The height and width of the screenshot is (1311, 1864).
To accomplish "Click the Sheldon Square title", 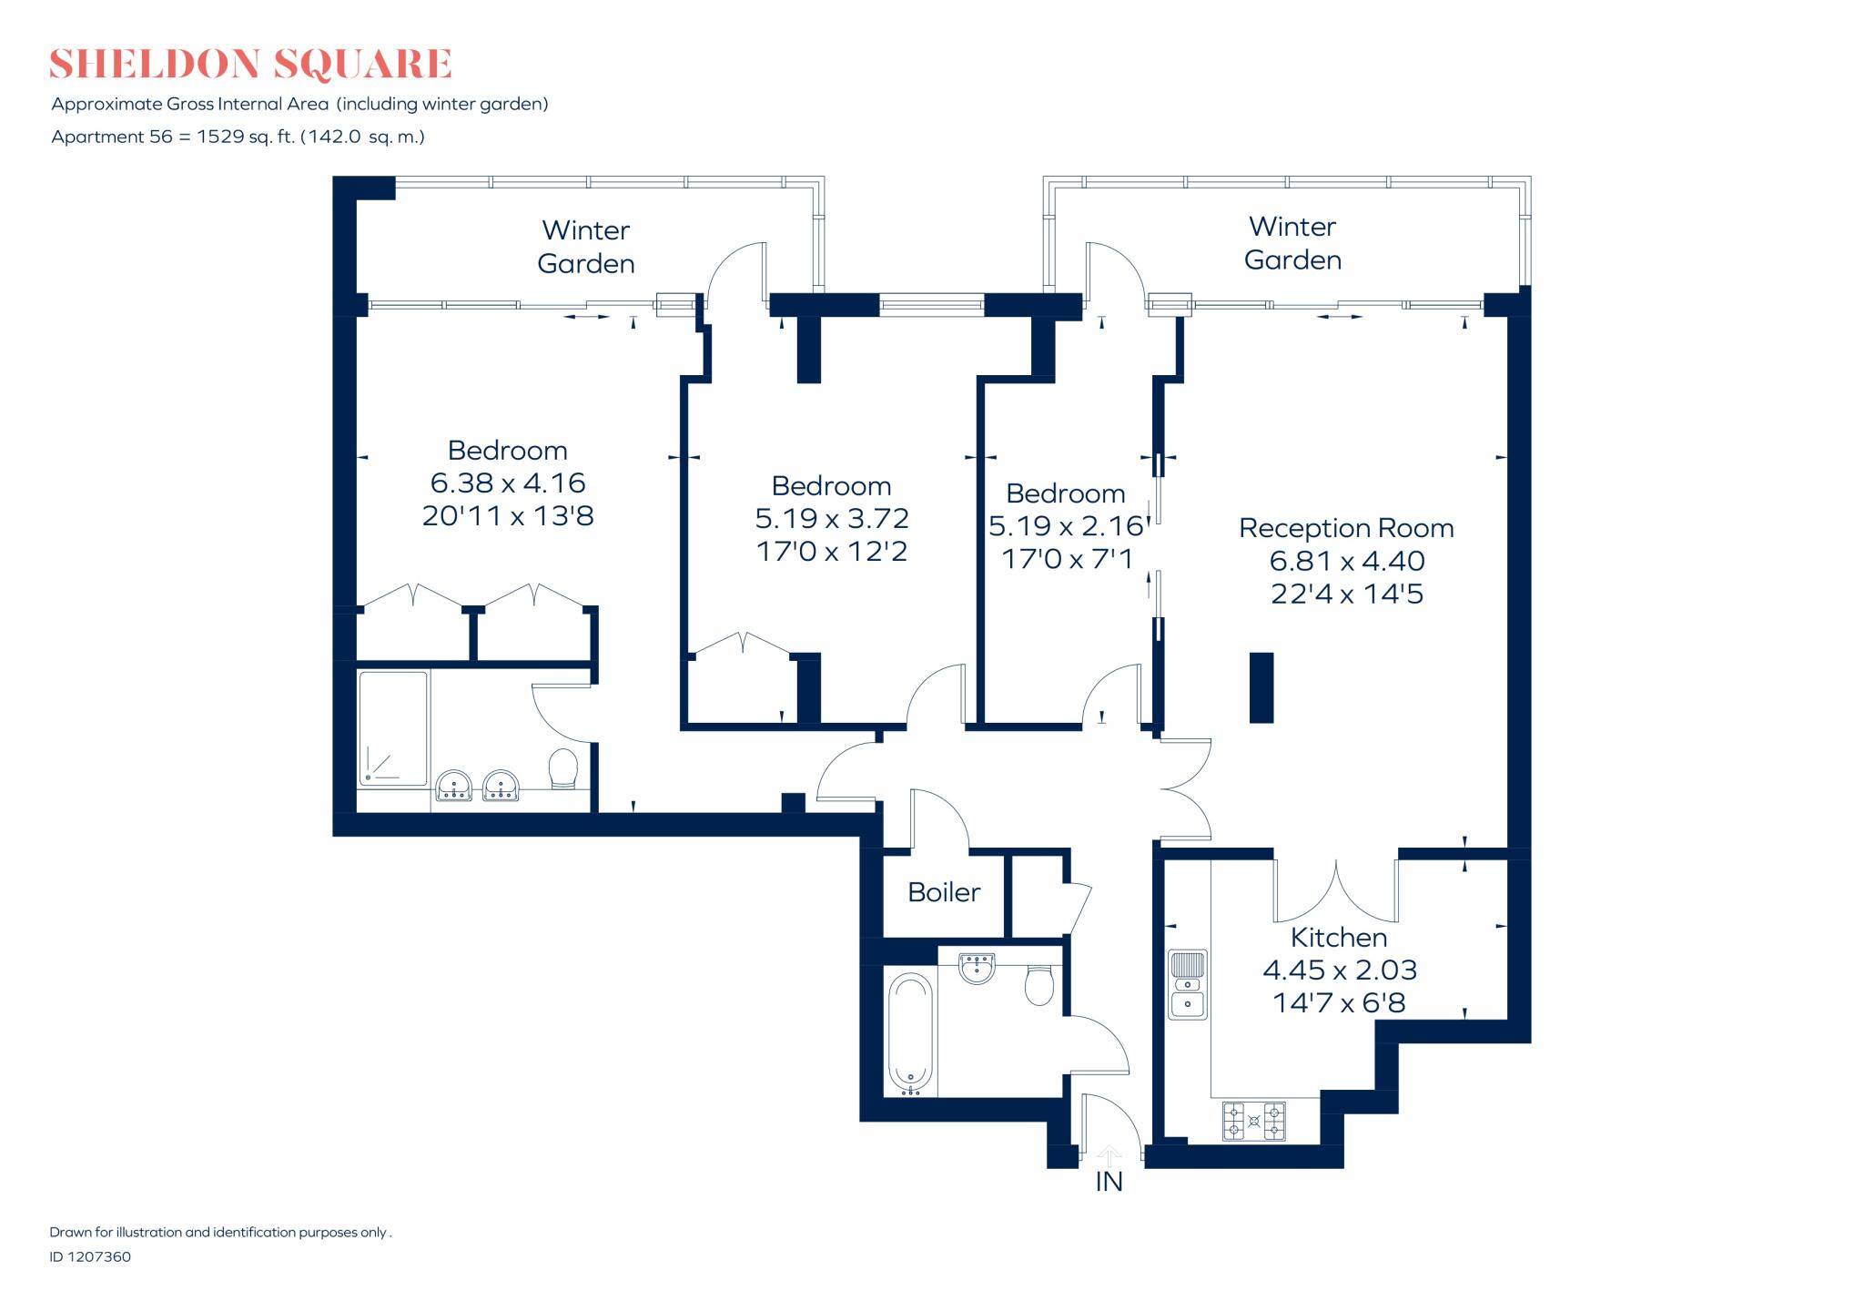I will point(250,64).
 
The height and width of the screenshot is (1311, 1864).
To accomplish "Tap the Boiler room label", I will point(944,892).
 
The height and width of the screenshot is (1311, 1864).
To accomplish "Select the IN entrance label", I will point(1109,1182).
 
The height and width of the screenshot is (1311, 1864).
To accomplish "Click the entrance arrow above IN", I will point(1109,1155).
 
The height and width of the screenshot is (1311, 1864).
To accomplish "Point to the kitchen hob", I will point(1253,1121).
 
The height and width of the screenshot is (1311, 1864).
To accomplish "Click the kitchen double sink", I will point(1187,984).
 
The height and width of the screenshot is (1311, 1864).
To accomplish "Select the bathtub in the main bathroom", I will point(910,1034).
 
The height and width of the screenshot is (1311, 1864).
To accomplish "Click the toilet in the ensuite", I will point(563,769).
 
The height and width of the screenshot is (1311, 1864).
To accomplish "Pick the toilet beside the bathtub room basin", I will point(1038,985).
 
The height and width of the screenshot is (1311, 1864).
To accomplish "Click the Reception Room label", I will point(1345,528).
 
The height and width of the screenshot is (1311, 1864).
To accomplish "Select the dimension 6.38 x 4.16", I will point(508,483).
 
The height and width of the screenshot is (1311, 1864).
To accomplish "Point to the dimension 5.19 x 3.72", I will point(832,518).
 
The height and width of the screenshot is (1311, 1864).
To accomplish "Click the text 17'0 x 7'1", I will point(1067,558).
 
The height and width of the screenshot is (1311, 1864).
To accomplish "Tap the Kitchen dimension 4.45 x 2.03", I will point(1339,970).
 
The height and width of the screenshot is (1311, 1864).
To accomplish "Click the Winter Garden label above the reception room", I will point(1292,243).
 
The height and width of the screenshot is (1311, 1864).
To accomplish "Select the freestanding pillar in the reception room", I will point(1261,687).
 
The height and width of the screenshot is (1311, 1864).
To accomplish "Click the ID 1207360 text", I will point(90,1256).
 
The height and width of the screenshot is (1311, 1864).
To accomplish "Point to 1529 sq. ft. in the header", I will point(245,137).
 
